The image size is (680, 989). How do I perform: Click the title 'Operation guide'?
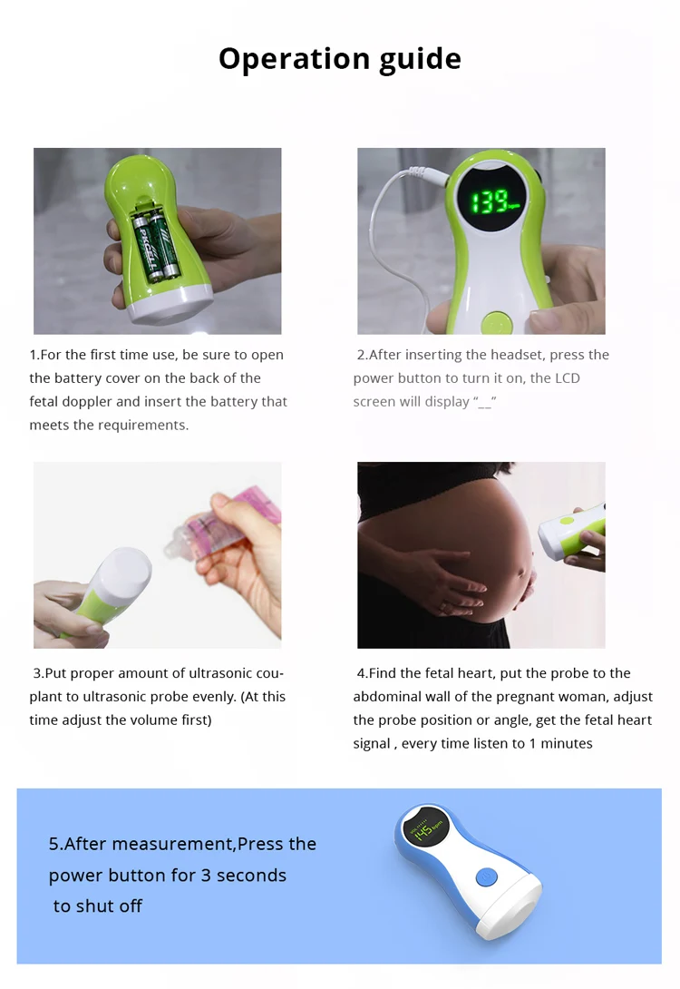[340, 59]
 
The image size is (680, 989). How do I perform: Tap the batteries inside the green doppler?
[151, 242]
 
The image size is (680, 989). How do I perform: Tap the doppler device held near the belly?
[570, 531]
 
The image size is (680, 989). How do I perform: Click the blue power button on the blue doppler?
[487, 878]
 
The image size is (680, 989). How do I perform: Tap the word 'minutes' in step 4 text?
[567, 744]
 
